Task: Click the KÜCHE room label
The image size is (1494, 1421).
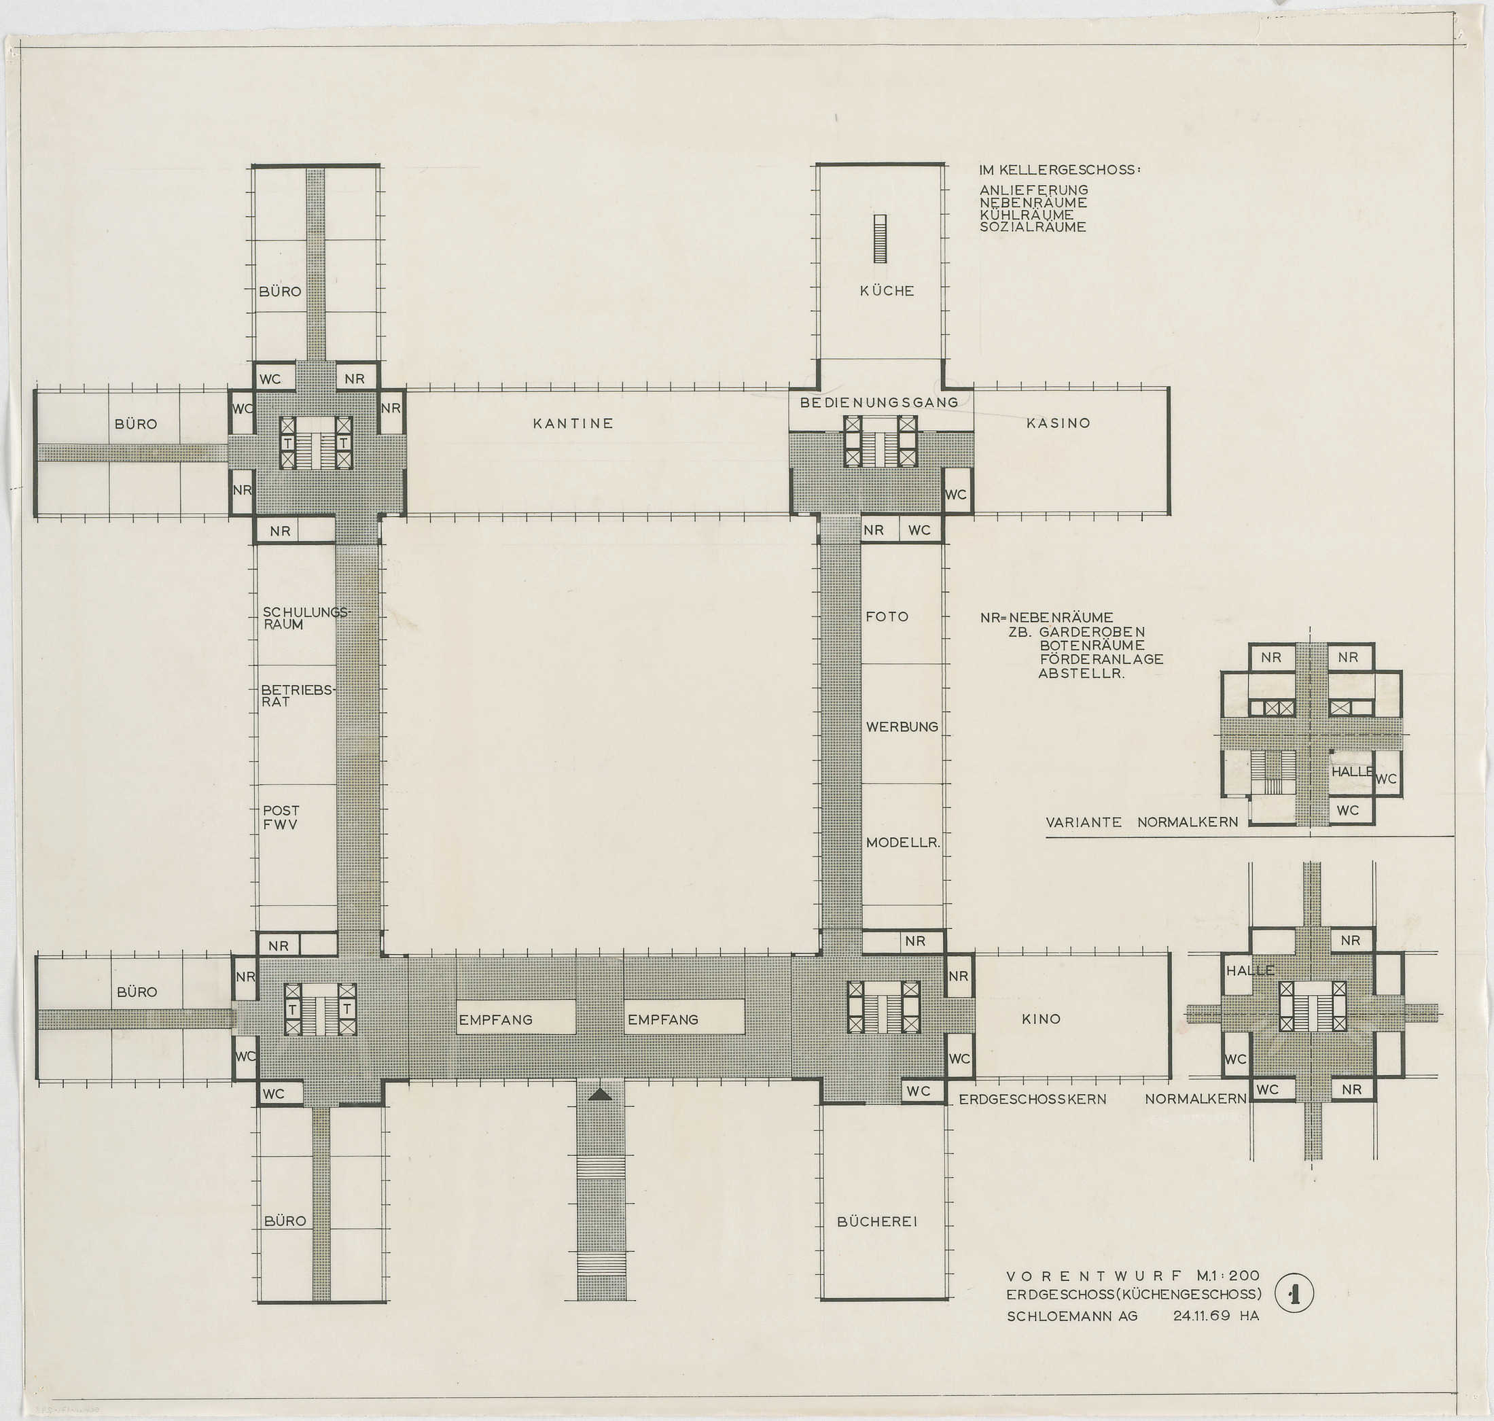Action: click(887, 290)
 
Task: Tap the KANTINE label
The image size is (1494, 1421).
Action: click(573, 423)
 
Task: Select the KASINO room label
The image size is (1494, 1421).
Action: click(1058, 423)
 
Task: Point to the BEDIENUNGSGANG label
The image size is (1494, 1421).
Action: click(879, 402)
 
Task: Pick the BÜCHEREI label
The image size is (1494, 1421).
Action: click(877, 1221)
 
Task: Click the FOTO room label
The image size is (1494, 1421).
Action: click(887, 616)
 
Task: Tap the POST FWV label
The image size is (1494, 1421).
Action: click(281, 817)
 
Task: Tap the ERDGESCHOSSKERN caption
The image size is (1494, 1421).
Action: click(1032, 1098)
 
